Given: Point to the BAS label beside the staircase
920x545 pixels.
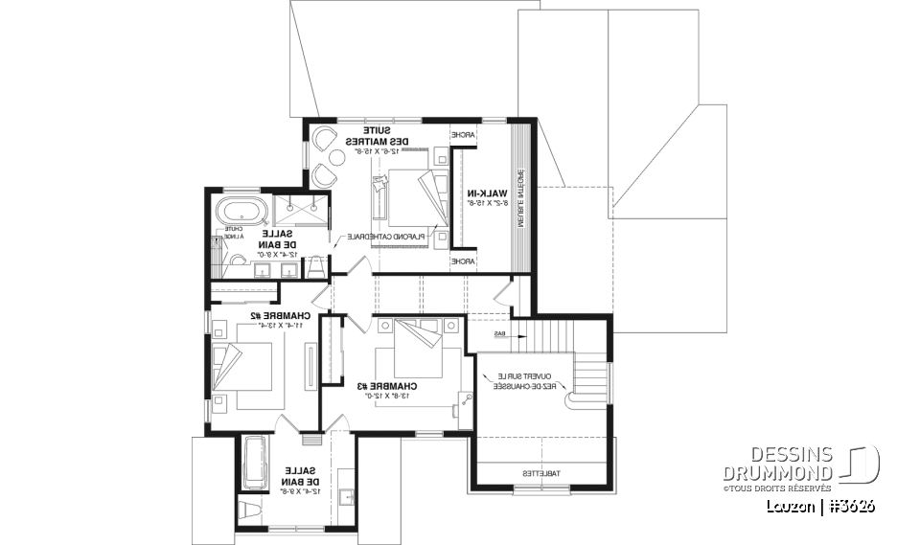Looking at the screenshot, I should [x=499, y=334].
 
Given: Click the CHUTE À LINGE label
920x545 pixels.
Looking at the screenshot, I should [x=234, y=232].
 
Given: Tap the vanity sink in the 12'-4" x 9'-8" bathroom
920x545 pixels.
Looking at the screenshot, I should [x=347, y=497].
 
